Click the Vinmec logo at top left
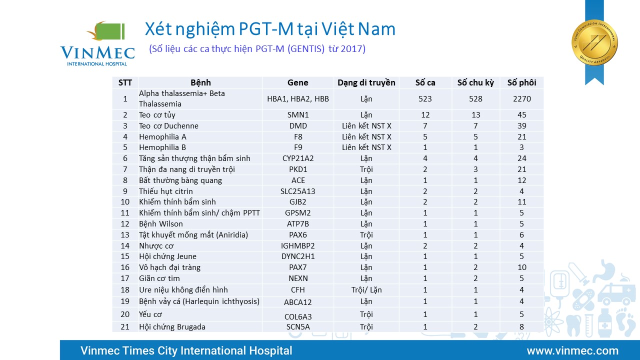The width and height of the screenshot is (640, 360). (97, 43)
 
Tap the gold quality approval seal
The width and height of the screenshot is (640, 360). (594, 42)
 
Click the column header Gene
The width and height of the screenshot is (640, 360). (298, 82)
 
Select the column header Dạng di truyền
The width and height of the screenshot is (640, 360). (366, 82)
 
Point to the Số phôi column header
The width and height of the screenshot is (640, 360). (521, 82)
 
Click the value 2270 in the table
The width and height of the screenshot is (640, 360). (521, 99)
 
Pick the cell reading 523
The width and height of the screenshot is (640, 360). (425, 99)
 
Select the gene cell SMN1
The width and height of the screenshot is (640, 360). (298, 115)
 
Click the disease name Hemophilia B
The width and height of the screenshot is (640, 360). (162, 147)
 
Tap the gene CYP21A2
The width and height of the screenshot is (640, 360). (298, 158)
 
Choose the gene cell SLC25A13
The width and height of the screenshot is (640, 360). (298, 191)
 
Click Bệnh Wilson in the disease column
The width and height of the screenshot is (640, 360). (161, 224)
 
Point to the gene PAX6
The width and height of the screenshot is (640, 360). (298, 235)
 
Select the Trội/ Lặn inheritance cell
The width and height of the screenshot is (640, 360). (366, 289)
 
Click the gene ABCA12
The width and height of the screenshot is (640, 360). (298, 301)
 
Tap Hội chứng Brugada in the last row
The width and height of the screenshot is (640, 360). (172, 327)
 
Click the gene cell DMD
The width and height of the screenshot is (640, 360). (298, 126)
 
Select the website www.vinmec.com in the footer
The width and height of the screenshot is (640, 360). (572, 350)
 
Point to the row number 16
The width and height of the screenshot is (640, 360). (125, 267)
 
